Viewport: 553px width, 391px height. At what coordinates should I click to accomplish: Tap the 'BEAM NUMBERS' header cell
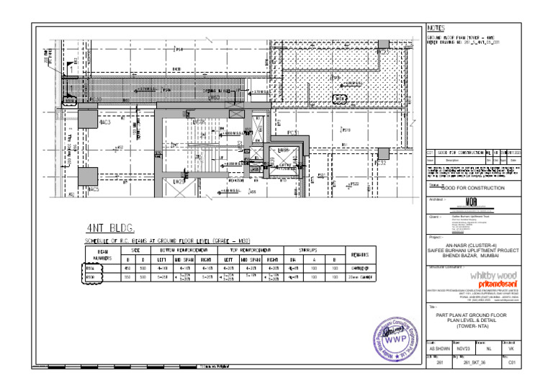(x=97, y=255)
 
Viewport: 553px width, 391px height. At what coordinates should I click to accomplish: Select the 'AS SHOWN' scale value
(x=438, y=348)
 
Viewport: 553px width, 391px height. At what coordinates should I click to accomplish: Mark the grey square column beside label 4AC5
(x=88, y=176)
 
